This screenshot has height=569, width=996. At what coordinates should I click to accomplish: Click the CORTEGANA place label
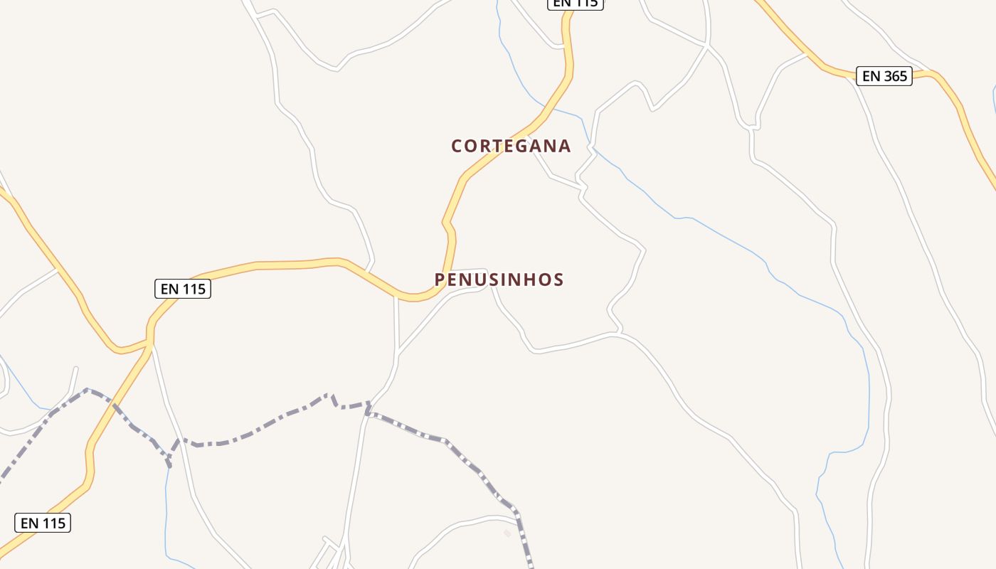[511, 146]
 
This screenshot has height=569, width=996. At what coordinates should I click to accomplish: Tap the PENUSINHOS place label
[499, 280]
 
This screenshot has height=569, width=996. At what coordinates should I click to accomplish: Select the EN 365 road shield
[884, 76]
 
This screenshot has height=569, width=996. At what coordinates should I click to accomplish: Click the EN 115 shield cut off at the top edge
[575, 4]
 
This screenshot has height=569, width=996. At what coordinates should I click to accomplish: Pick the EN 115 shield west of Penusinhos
[183, 289]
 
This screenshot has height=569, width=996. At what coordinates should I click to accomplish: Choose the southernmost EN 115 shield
[43, 523]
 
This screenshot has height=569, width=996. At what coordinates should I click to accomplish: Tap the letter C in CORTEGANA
[457, 147]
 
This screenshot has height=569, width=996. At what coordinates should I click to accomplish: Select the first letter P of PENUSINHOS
[440, 280]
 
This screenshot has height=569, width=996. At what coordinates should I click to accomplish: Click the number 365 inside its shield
[895, 76]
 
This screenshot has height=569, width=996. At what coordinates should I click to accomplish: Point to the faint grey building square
[507, 533]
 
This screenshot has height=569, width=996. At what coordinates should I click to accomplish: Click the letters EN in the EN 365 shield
[871, 76]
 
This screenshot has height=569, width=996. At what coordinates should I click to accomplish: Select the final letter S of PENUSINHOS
[558, 280]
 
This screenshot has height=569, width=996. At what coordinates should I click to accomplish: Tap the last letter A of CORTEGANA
[565, 147]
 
